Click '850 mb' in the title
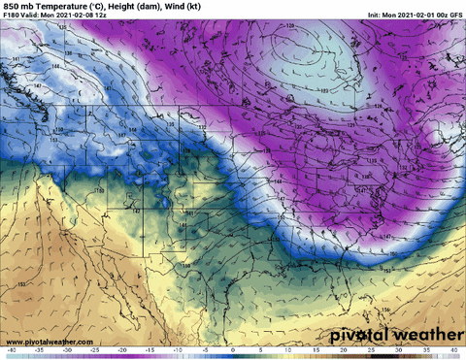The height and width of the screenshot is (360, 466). point(21,6)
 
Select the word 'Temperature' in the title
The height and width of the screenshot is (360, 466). point(69,6)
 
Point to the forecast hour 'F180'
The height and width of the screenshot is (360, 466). point(15,16)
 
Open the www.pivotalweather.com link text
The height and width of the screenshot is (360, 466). point(44,343)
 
